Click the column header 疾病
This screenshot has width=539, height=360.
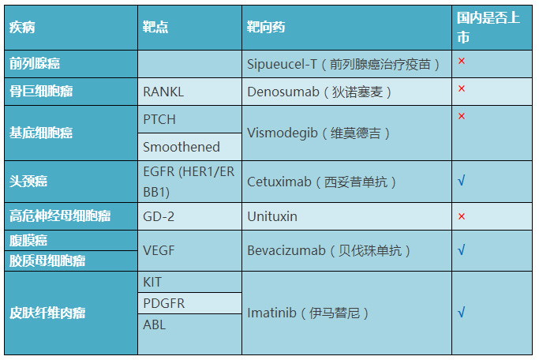[x=22, y=27]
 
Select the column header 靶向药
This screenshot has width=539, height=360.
[x=266, y=27]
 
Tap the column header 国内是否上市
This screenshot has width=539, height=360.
[x=488, y=28]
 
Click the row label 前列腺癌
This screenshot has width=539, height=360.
[x=35, y=64]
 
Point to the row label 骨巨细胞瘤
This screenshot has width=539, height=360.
[x=41, y=92]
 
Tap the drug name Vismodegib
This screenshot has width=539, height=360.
[x=283, y=133]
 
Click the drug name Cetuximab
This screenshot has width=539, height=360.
[x=279, y=182]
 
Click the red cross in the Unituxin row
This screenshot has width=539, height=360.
[x=462, y=216]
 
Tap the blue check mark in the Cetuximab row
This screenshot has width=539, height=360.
[x=462, y=180]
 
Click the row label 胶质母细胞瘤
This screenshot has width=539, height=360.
[x=47, y=261]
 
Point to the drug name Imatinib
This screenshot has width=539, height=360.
[x=271, y=313]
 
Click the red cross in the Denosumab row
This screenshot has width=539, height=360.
[x=462, y=88]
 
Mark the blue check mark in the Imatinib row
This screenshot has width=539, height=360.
[x=462, y=312]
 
